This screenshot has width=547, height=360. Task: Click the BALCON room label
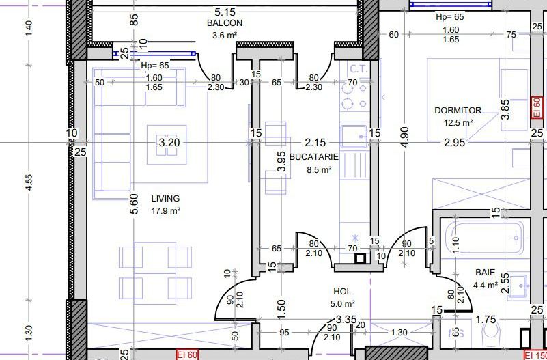click(x=224, y=23)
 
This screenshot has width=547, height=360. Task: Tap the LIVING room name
click(x=165, y=199)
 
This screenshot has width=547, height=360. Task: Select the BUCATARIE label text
click(x=314, y=157)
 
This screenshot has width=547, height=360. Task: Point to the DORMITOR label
click(x=458, y=111)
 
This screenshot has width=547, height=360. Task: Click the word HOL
click(x=342, y=292)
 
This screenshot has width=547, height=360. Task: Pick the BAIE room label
click(x=486, y=273)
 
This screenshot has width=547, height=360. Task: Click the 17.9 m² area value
click(x=166, y=210)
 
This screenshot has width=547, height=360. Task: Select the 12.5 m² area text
click(x=458, y=123)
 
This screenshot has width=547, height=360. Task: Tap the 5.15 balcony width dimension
click(x=225, y=12)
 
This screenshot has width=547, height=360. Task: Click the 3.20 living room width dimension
click(x=169, y=142)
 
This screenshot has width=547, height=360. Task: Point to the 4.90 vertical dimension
click(x=405, y=137)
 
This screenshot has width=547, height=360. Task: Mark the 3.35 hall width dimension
click(x=346, y=320)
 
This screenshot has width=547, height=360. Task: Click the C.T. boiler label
click(x=359, y=69)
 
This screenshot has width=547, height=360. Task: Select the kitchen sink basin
click(x=354, y=136)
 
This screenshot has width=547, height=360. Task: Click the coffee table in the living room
click(x=167, y=144)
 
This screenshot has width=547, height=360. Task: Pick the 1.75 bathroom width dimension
click(x=486, y=320)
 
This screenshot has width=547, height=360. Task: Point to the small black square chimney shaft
click(x=361, y=258)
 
